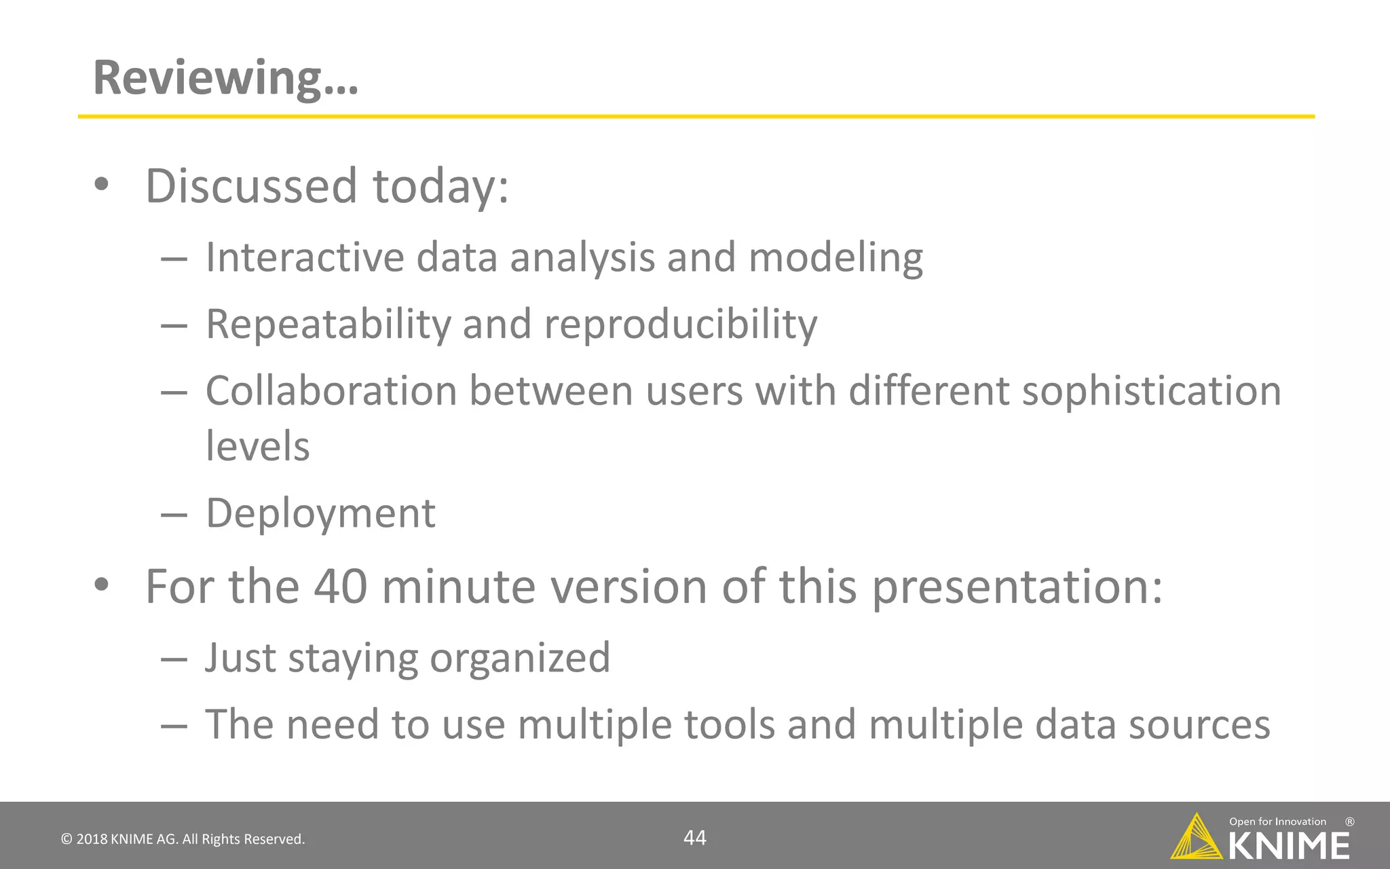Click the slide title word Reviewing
[x=224, y=78]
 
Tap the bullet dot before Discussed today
[x=102, y=185]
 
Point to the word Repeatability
[x=328, y=325]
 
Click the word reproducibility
[x=681, y=325]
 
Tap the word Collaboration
[x=331, y=392]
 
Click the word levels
[x=257, y=447]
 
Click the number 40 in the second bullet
[x=341, y=587]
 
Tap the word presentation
[x=1016, y=588]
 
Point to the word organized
[x=520, y=659]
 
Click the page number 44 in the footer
[x=694, y=838]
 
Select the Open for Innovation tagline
[x=1277, y=821]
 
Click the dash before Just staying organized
[x=174, y=659]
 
